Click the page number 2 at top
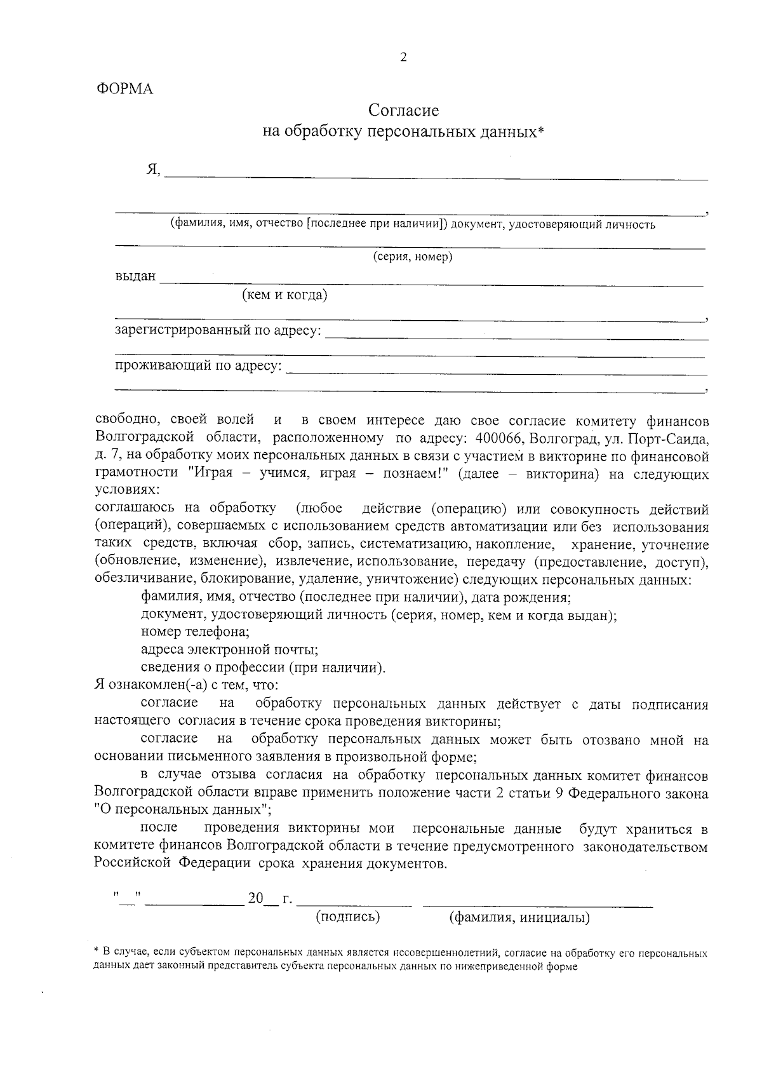[x=403, y=58]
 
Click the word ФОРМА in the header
[x=124, y=90]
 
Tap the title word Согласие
[x=404, y=111]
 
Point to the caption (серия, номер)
[x=411, y=257]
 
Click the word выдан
[x=135, y=276]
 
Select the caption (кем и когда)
[x=284, y=295]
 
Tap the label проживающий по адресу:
[x=198, y=366]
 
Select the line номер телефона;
[x=195, y=632]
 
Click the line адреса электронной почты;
[x=229, y=650]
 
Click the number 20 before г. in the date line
[x=255, y=898]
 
